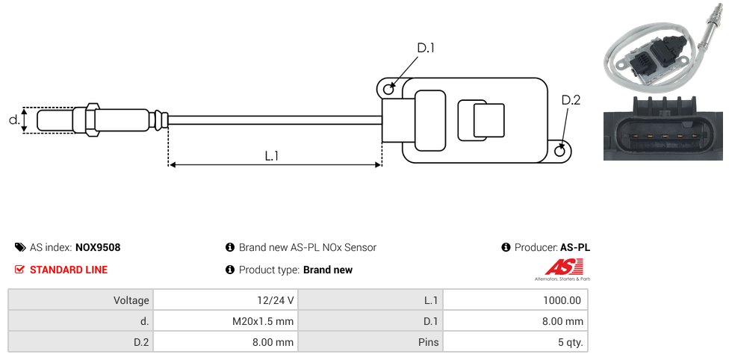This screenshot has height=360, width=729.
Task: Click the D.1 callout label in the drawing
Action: click(x=425, y=48)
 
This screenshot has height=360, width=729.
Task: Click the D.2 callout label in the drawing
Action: click(x=571, y=100)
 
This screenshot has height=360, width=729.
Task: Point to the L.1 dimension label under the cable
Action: click(x=272, y=155)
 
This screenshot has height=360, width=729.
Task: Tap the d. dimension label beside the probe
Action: click(x=13, y=120)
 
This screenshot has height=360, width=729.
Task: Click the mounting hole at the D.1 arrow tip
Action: click(x=388, y=90)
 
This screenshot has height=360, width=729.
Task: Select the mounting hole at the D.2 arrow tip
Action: click(x=561, y=152)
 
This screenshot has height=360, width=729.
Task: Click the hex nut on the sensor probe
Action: click(x=92, y=120)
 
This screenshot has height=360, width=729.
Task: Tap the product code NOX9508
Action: click(x=98, y=247)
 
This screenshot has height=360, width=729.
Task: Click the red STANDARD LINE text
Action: click(x=69, y=270)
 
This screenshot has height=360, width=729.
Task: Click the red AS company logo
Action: click(x=559, y=267)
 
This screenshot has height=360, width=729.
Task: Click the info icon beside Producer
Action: click(x=506, y=247)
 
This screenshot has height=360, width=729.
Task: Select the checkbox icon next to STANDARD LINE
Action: click(x=20, y=270)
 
